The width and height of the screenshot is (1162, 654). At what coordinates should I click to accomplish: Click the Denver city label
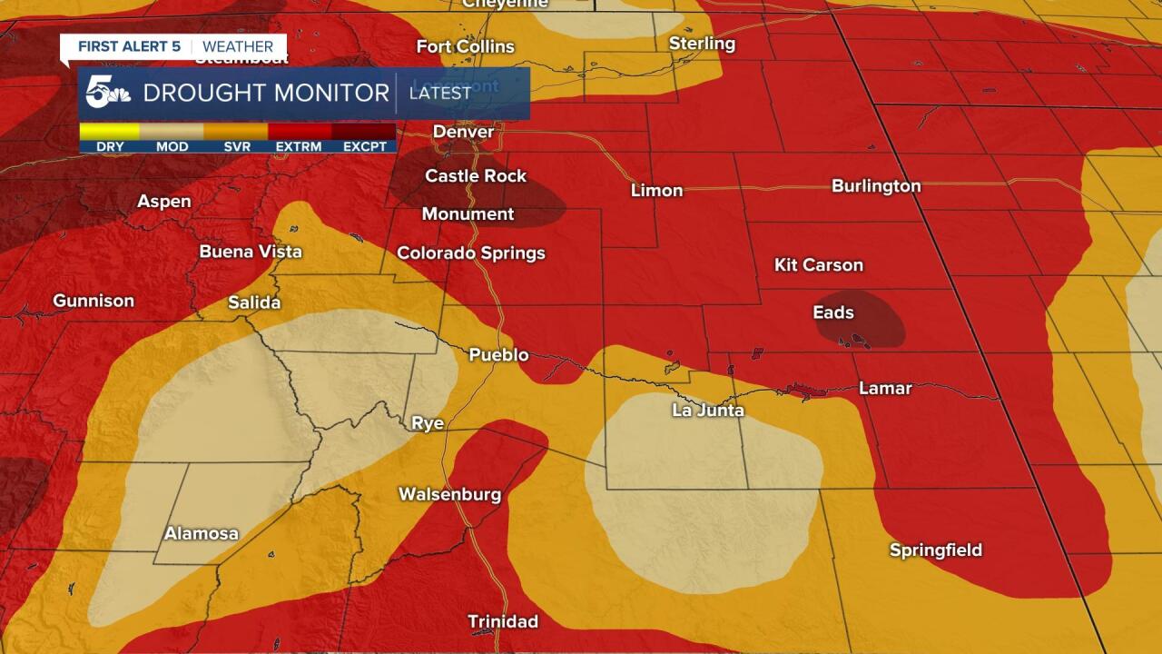(463, 132)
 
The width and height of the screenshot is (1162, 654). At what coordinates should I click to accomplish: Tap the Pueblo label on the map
(498, 354)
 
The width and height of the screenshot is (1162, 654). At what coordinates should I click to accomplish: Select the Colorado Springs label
(471, 253)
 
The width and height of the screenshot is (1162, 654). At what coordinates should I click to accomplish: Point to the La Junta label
(708, 411)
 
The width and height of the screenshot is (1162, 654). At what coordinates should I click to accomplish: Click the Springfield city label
(935, 550)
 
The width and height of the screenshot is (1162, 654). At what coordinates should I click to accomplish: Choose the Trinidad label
(502, 621)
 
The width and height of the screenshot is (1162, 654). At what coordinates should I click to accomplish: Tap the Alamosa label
(201, 533)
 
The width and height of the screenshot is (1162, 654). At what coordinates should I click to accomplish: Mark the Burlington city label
(876, 185)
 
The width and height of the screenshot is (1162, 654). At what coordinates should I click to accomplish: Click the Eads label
(832, 312)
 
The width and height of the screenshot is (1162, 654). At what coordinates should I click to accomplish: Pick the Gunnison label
(94, 301)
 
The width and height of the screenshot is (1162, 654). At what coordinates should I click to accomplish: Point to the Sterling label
(702, 44)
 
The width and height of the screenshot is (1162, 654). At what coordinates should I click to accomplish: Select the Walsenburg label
(449, 494)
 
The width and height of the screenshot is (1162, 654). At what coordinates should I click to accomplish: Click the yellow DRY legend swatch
(109, 132)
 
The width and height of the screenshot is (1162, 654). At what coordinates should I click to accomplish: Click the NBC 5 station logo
(107, 93)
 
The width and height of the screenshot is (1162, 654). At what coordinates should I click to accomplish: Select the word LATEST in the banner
(440, 93)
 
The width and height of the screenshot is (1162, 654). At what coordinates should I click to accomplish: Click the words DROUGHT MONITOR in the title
(266, 93)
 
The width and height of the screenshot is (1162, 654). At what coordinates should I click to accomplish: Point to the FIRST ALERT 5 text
(128, 46)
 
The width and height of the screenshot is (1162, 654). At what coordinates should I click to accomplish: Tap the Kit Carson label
(818, 264)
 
